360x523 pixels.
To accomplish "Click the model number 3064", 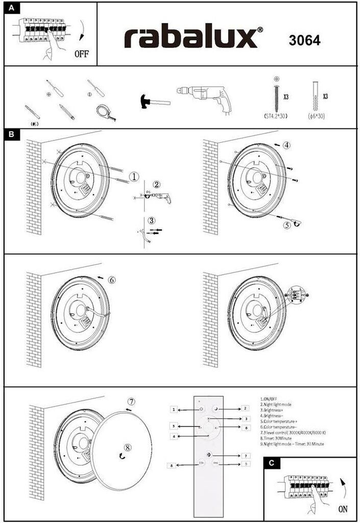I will [x=304, y=41].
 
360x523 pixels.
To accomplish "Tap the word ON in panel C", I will [x=344, y=509].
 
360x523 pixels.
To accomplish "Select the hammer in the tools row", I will [x=153, y=101].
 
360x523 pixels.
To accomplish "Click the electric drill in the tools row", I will [x=204, y=100].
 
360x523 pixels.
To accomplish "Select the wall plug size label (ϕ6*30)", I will [x=316, y=116].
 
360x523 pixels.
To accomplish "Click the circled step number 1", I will [x=134, y=177].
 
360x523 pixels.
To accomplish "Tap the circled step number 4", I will [x=287, y=145].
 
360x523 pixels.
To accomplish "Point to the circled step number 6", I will [x=112, y=280].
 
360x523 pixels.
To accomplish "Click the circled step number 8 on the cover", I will [x=128, y=447].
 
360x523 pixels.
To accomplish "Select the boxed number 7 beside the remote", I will [x=246, y=455].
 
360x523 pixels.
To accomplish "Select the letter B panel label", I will [x=12, y=135].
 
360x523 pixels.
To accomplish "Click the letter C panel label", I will [x=271, y=463].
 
